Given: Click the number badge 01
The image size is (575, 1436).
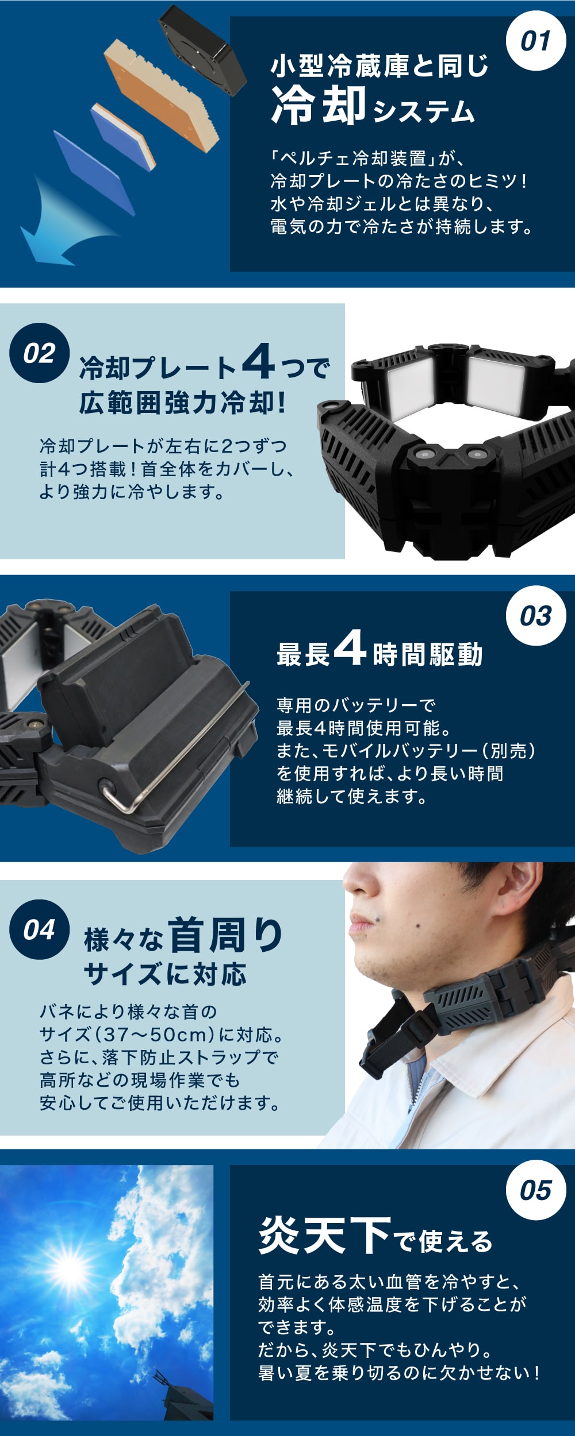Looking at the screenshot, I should (x=535, y=41).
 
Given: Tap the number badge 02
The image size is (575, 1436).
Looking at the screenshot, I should (x=40, y=353).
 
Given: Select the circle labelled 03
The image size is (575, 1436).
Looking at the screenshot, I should (x=535, y=616).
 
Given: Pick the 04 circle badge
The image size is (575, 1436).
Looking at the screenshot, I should (x=40, y=929).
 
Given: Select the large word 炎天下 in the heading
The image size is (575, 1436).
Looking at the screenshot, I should (x=325, y=1234).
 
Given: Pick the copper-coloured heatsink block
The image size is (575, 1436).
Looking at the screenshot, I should (x=164, y=95).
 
